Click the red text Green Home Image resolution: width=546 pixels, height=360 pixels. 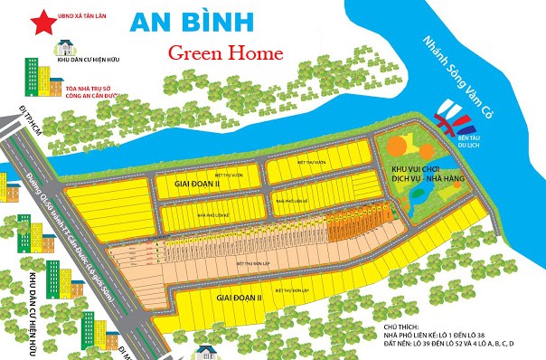226,53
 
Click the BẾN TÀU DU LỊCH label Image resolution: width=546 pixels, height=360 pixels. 469,137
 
